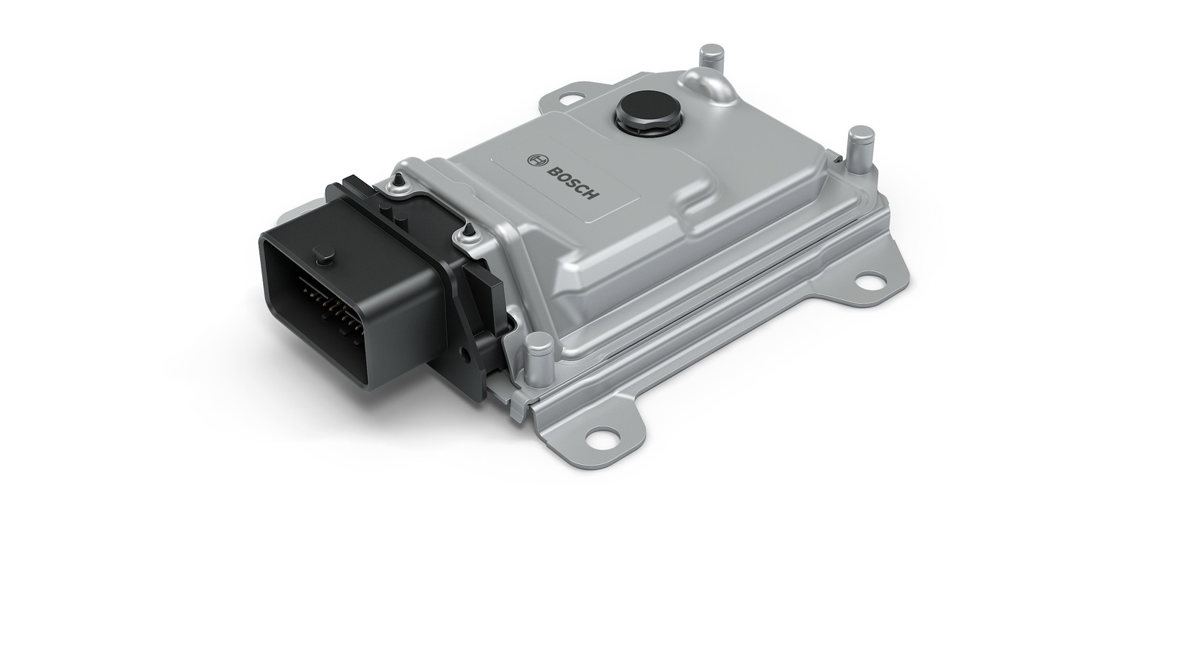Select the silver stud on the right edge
click(860, 148)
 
